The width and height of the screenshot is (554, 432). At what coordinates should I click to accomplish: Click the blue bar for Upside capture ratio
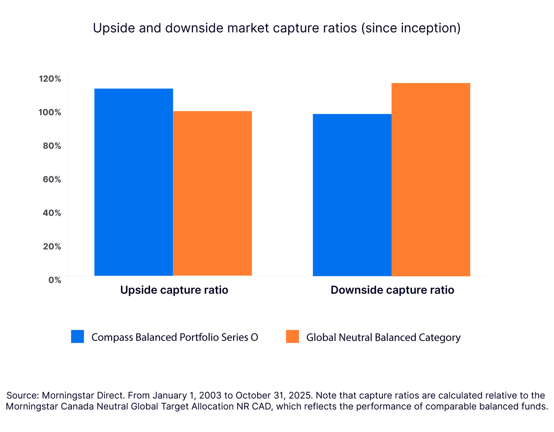(x=133, y=182)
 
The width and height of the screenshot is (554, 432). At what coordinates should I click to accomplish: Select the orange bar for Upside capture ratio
(x=212, y=193)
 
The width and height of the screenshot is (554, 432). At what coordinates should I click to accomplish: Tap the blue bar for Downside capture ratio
(x=352, y=195)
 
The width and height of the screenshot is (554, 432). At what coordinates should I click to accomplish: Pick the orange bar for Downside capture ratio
(x=431, y=179)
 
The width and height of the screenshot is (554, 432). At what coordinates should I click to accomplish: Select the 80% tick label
(x=50, y=146)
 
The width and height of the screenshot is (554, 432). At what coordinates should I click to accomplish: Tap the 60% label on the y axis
(x=50, y=179)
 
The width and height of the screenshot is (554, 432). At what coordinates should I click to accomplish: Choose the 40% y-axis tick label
(x=50, y=213)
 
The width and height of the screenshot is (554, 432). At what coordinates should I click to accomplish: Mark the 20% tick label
(x=50, y=246)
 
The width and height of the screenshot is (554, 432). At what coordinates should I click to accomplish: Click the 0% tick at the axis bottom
(x=55, y=280)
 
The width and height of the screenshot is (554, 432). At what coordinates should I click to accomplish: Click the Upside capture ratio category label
(x=174, y=290)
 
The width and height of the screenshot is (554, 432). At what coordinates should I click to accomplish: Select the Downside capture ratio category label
(x=392, y=290)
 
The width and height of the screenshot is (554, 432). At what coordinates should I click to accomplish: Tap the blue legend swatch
(x=77, y=337)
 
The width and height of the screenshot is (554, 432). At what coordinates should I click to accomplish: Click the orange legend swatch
(x=292, y=337)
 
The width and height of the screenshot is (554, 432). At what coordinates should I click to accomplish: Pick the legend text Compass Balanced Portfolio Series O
(x=175, y=338)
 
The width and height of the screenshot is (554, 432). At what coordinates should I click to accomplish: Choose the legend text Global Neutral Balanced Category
(x=383, y=338)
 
